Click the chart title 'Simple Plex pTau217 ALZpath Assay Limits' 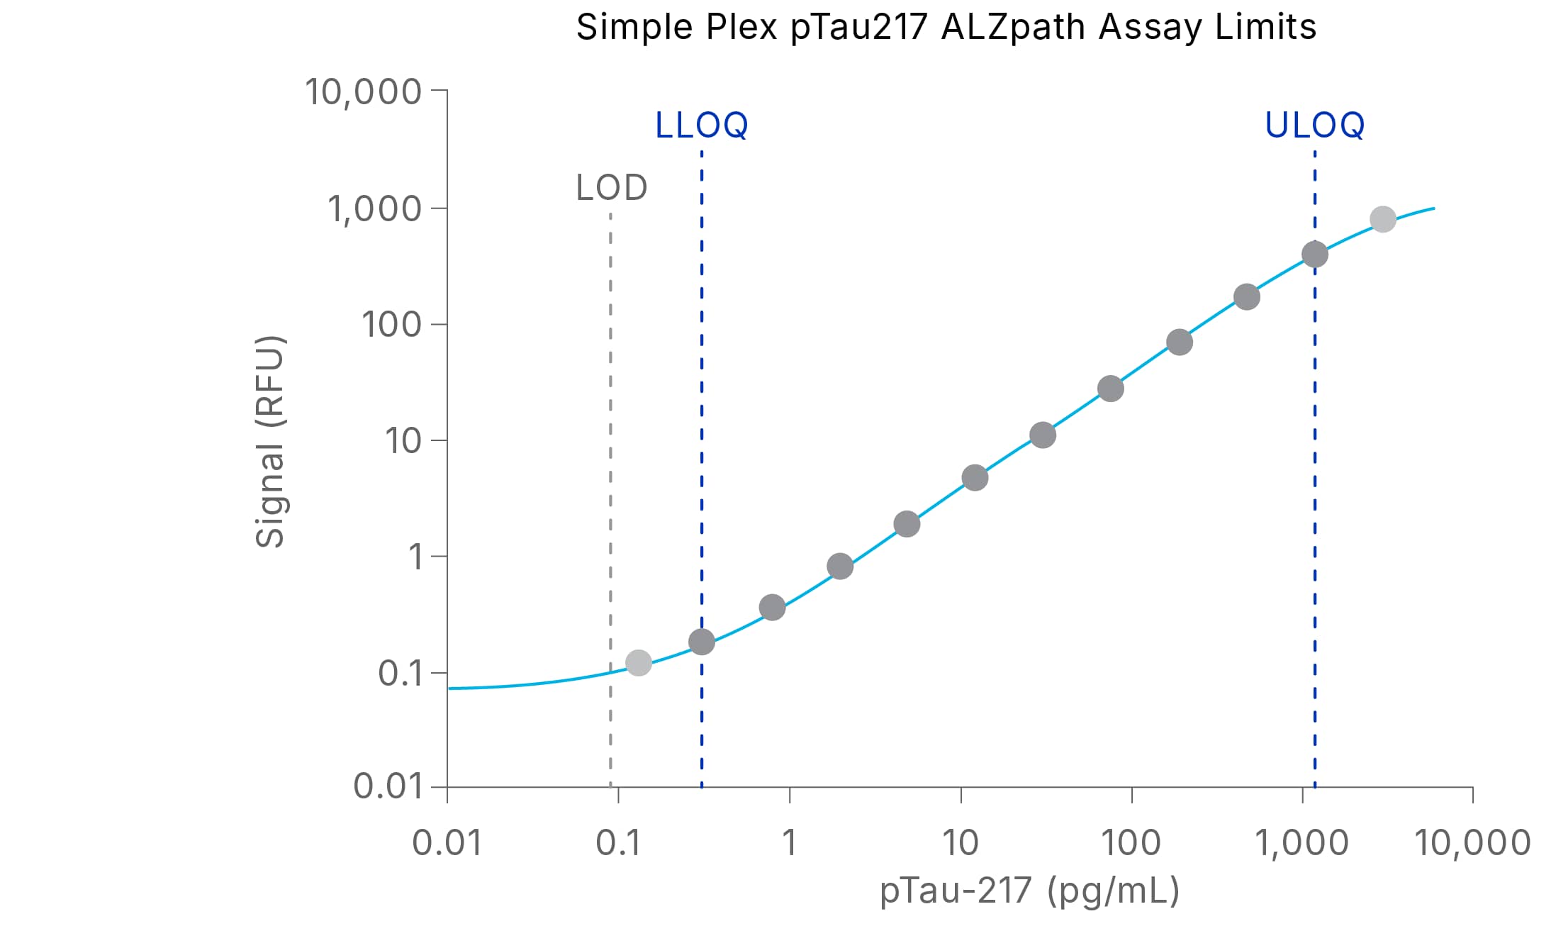tap(946, 28)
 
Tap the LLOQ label tap(701, 126)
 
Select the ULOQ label tap(1314, 126)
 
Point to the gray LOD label tap(611, 188)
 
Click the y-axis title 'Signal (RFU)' tap(270, 441)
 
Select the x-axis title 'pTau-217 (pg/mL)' tap(1029, 891)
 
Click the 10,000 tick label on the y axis tap(363, 92)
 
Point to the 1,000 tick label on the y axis tap(374, 209)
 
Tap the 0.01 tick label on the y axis tap(387, 786)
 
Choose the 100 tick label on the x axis tap(1131, 843)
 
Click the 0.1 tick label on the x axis tap(618, 843)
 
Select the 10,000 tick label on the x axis tap(1472, 843)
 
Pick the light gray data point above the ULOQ tap(1382, 219)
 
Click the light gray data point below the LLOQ tap(638, 663)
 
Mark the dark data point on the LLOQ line tap(701, 642)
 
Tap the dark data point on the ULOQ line tap(1314, 254)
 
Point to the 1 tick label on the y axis tap(415, 557)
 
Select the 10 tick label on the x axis tap(960, 843)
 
